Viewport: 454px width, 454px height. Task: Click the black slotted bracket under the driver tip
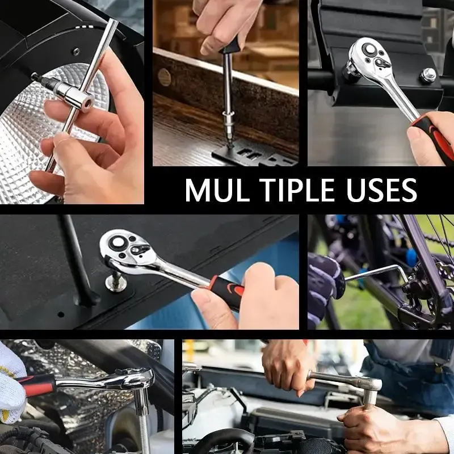(x=250, y=155)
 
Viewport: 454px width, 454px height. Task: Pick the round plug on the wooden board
(x=165, y=76)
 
